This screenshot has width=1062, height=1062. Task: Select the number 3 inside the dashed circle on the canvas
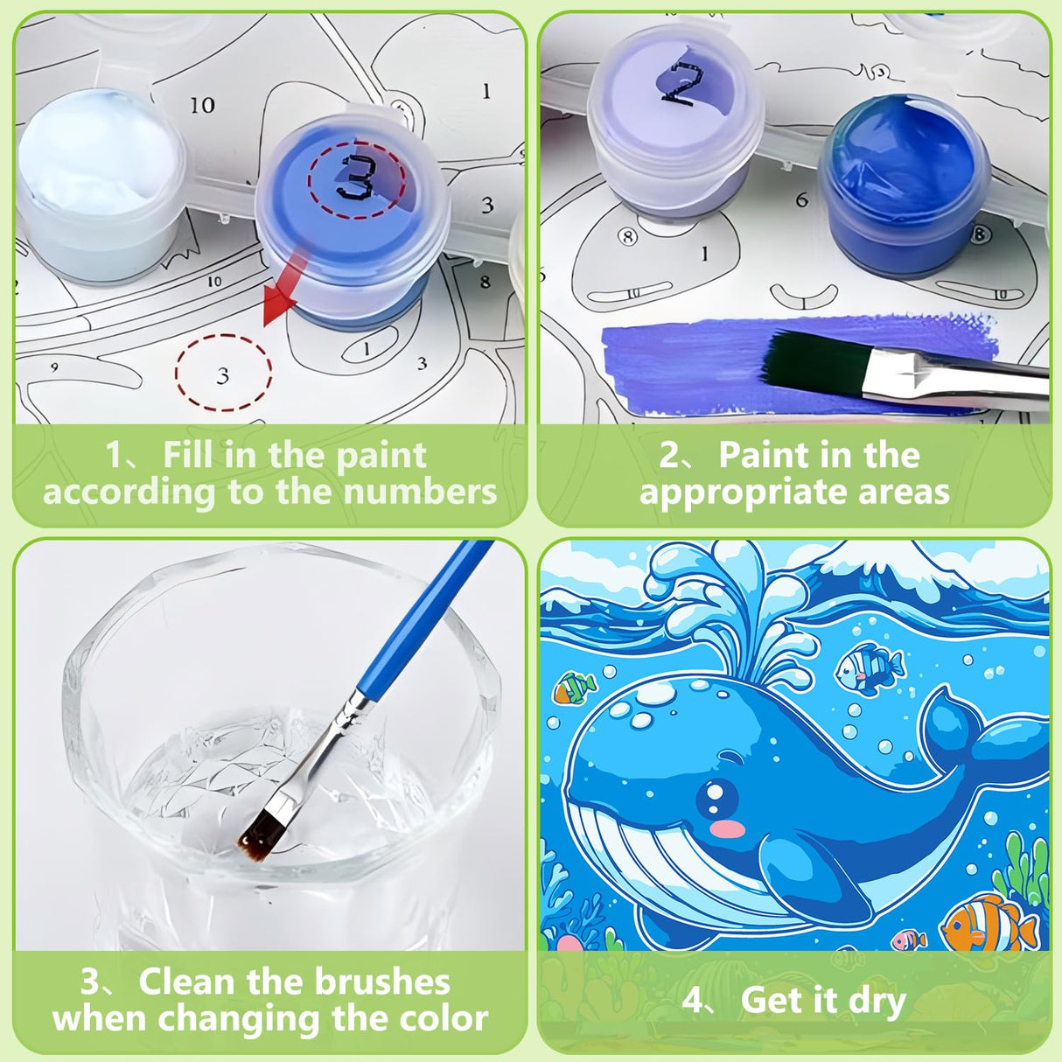[223, 375]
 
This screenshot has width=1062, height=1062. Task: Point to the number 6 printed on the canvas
[801, 200]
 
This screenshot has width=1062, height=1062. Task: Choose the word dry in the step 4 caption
[875, 1000]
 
